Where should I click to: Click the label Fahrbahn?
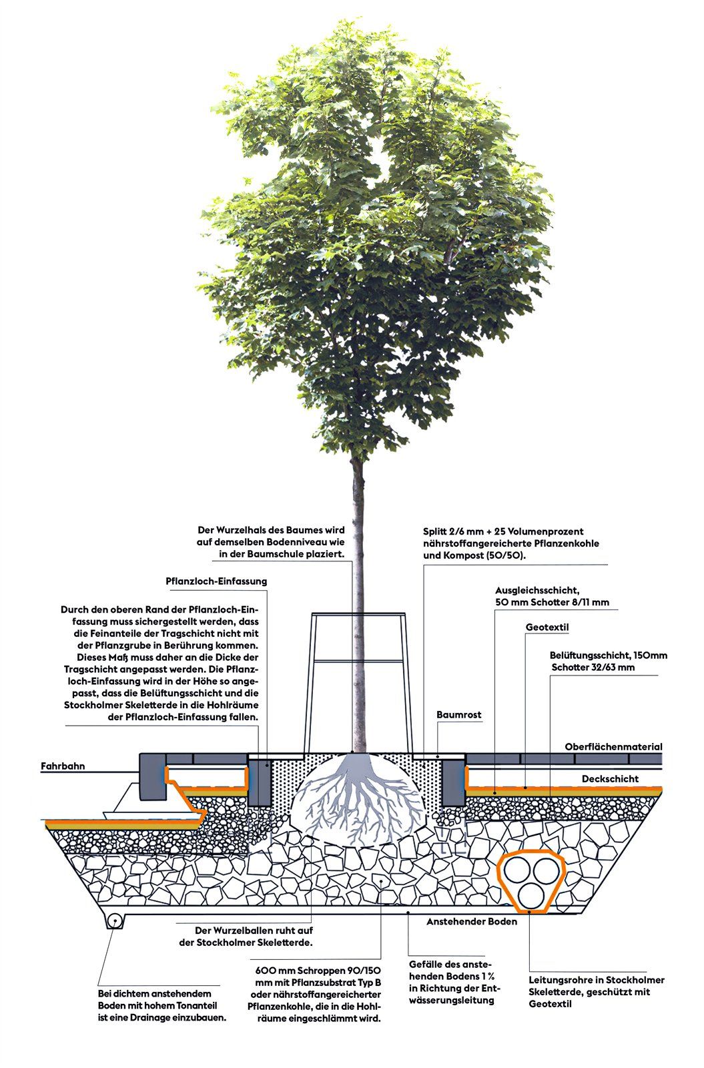click(x=63, y=766)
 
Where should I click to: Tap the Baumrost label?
click(x=458, y=714)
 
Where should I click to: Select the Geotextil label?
click(x=547, y=627)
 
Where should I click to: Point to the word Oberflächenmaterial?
click(x=613, y=747)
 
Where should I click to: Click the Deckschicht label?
click(x=610, y=778)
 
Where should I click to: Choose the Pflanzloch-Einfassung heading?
click(x=216, y=581)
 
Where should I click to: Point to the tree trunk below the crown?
click(x=358, y=605)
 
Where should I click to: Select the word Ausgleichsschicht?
click(x=537, y=590)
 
